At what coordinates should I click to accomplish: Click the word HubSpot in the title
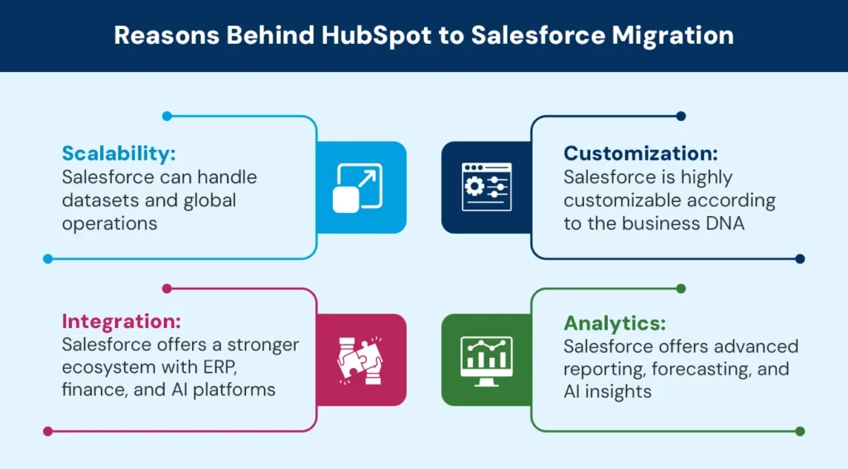[x=377, y=36]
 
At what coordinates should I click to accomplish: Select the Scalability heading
[x=119, y=153]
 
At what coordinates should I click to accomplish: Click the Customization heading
[x=641, y=153]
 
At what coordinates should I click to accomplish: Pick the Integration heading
[x=121, y=322]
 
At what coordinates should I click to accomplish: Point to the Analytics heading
[x=615, y=323]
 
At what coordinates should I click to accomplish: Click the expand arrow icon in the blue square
[x=358, y=188]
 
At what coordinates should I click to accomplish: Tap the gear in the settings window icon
[x=475, y=186]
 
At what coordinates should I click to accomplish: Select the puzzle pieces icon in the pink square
[x=360, y=360]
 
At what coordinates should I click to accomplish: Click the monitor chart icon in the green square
[x=486, y=360]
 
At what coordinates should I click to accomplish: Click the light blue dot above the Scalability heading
[x=167, y=116]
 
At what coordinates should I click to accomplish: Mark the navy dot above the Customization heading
[x=681, y=116]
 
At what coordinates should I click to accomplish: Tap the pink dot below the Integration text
[x=48, y=431]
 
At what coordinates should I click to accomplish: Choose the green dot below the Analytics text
[x=800, y=431]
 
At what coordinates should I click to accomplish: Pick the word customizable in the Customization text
[x=616, y=201]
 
